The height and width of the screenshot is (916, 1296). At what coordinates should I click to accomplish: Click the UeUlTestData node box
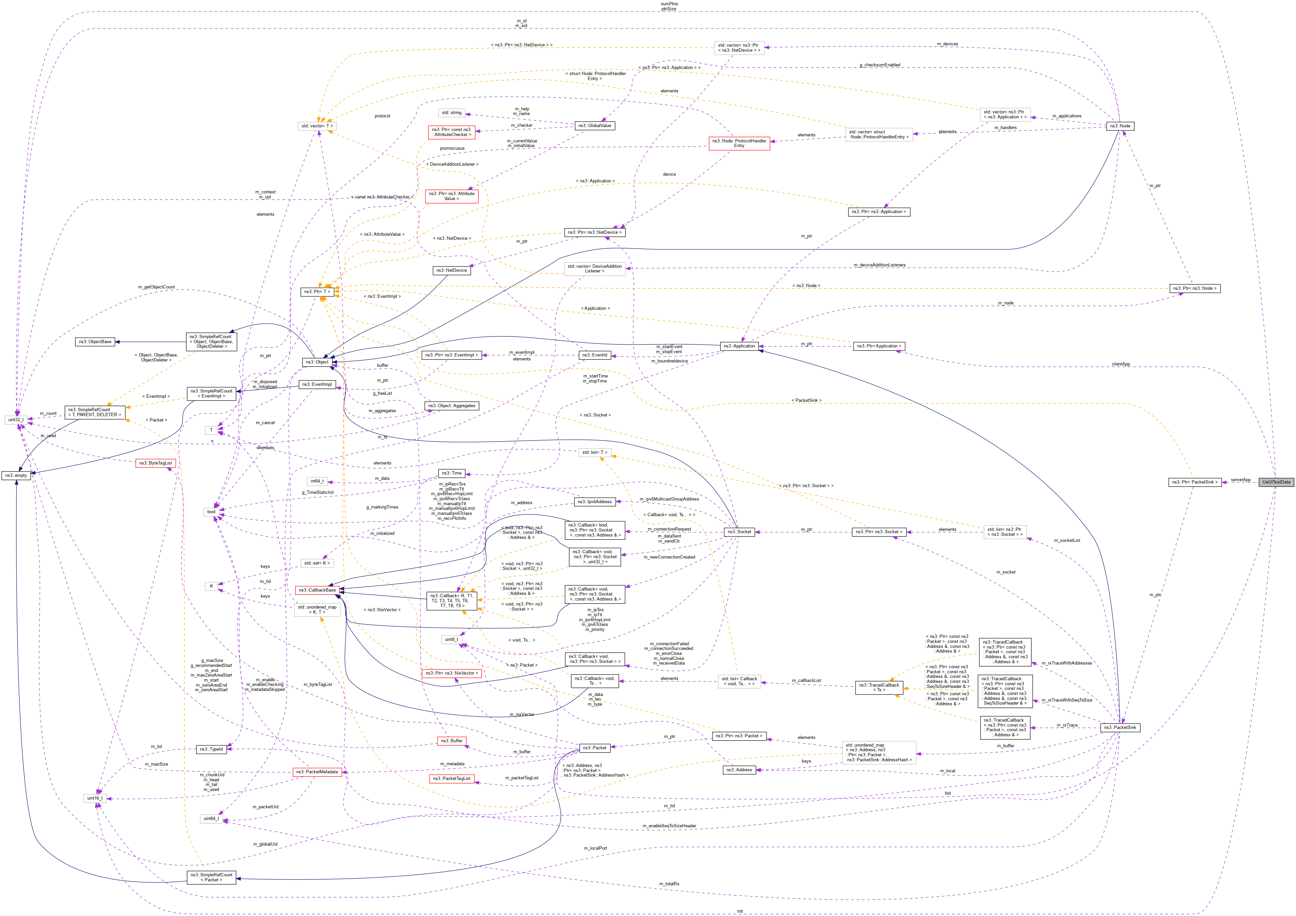pyautogui.click(x=1276, y=482)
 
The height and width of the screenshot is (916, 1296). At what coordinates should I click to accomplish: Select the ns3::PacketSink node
pyautogui.click(x=1120, y=728)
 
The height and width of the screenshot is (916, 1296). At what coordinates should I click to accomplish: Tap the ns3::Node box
pyautogui.click(x=1120, y=126)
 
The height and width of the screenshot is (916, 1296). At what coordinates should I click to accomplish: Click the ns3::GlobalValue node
pyautogui.click(x=594, y=126)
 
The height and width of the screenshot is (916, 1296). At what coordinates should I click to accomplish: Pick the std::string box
pyautogui.click(x=451, y=113)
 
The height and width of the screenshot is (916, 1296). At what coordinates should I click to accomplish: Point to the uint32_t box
pyautogui.click(x=15, y=420)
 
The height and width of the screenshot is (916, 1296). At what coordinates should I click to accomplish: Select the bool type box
pyautogui.click(x=211, y=512)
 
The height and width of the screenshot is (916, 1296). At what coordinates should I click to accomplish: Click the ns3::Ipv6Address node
pyautogui.click(x=594, y=502)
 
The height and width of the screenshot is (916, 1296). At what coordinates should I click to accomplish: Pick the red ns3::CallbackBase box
pyautogui.click(x=317, y=590)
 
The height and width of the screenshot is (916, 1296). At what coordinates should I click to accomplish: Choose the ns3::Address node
pyautogui.click(x=739, y=770)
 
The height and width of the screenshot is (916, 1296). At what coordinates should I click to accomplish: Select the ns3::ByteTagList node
pyautogui.click(x=156, y=464)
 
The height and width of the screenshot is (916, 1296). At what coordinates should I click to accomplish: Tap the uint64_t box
pyautogui.click(x=211, y=818)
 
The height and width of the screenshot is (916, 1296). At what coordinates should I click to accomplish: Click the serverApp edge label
pyautogui.click(x=1241, y=480)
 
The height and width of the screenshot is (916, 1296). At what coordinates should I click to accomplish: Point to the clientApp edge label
pyautogui.click(x=1120, y=364)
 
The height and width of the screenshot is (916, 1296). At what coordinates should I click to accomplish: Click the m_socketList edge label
pyautogui.click(x=1067, y=541)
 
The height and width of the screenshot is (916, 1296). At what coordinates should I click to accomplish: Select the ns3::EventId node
pyautogui.click(x=594, y=355)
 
